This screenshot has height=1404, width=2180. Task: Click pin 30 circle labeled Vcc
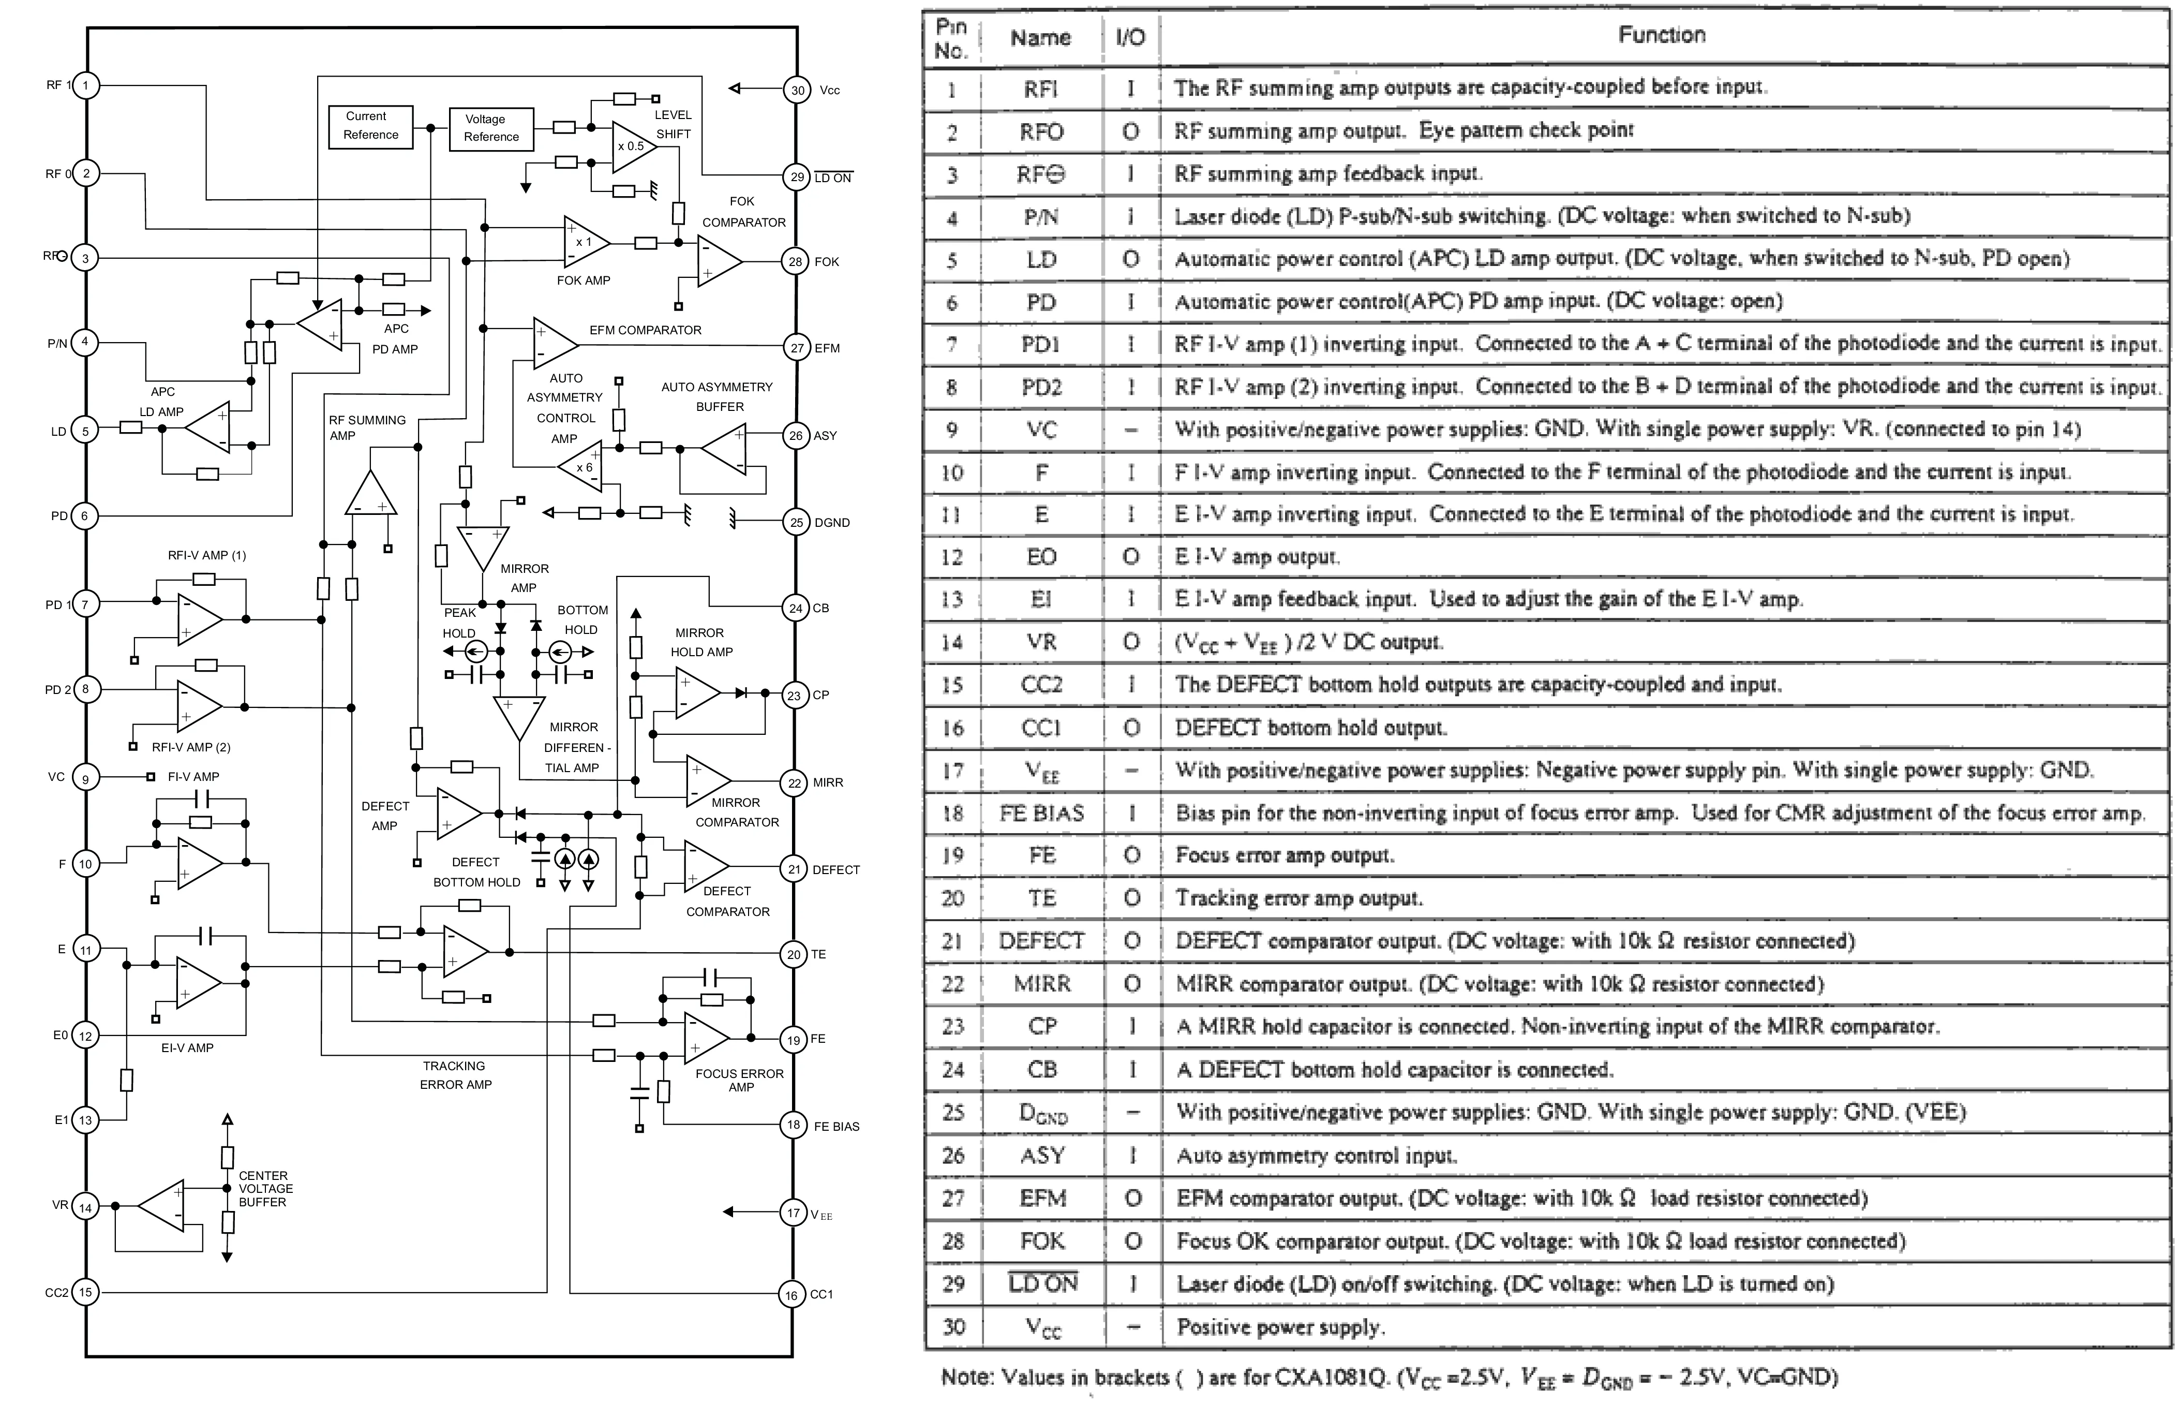[x=797, y=90]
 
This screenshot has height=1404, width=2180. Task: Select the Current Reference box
[x=370, y=126]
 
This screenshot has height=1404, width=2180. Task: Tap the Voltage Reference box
[x=491, y=128]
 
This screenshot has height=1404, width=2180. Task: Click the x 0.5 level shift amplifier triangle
[x=631, y=146]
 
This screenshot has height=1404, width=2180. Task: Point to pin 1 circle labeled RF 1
[x=86, y=86]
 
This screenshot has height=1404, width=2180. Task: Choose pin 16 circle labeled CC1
[x=791, y=1295]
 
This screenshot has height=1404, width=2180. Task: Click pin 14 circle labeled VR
[x=86, y=1207]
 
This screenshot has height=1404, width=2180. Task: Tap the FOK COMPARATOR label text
[x=743, y=212]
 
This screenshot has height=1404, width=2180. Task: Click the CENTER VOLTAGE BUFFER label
[x=265, y=1189]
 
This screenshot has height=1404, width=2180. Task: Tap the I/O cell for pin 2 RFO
[x=1130, y=131]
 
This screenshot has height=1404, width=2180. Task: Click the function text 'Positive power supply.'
[x=1279, y=1326]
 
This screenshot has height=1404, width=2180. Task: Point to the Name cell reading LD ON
[x=1042, y=1283]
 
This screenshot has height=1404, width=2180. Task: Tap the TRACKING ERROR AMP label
[x=455, y=1075]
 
